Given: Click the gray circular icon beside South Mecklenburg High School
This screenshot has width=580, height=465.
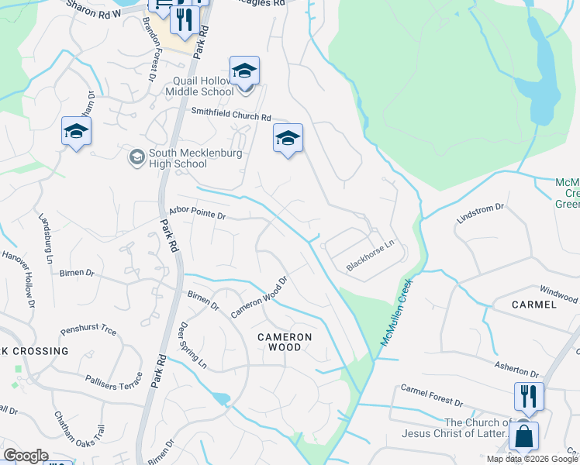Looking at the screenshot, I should pyautogui.click(x=136, y=157).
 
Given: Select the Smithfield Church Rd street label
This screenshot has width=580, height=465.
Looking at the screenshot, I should pyautogui.click(x=231, y=115).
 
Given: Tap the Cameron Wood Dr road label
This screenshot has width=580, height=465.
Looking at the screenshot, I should pyautogui.click(x=259, y=297).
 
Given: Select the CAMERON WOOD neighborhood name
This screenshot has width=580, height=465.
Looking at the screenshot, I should pyautogui.click(x=285, y=343).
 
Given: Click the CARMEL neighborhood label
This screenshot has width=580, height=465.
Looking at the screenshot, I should pyautogui.click(x=534, y=305).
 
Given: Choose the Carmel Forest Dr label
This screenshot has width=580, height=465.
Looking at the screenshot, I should pyautogui.click(x=431, y=395).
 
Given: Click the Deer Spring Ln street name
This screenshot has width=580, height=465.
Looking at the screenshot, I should pyautogui.click(x=193, y=345).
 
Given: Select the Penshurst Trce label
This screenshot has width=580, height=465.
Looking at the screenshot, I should pyautogui.click(x=88, y=331).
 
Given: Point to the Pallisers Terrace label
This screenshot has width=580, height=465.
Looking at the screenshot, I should pyautogui.click(x=114, y=381).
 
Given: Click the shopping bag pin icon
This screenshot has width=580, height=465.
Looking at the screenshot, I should pyautogui.click(x=523, y=436).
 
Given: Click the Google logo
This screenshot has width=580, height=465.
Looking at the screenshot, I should pyautogui.click(x=26, y=456).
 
